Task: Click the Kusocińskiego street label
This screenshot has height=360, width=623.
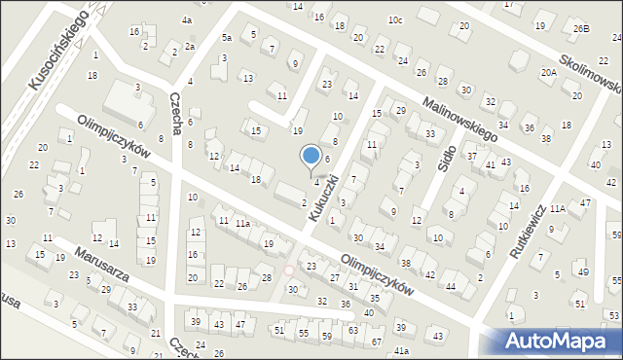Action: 61,50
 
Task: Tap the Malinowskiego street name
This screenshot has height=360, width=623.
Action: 459,121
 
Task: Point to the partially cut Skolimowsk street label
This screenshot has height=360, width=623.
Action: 588,71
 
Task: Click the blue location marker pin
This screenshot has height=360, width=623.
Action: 311,157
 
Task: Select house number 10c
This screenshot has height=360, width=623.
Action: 394,19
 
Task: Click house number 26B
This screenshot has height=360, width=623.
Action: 580,29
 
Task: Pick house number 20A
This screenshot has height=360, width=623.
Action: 549,73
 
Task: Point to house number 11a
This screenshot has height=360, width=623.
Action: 242,224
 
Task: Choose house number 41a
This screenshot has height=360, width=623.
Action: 401,349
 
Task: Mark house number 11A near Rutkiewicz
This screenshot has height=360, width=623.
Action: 557,208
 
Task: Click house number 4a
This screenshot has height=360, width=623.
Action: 186,20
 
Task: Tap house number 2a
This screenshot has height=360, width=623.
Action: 190,46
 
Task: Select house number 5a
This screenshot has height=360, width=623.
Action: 226,38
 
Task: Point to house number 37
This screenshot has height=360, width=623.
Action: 472,156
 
